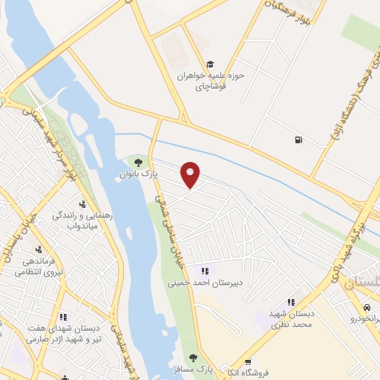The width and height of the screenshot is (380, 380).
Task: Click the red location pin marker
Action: tap(191, 174)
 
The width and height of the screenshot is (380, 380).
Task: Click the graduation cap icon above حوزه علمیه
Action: tap(210, 64)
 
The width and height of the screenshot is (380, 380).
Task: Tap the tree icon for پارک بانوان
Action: tap(137, 162)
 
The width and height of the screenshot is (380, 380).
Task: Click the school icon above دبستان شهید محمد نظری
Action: tap(291, 302)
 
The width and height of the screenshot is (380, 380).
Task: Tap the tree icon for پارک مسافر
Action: tap(194, 358)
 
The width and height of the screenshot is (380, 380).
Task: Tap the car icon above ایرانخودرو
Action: tap(367, 307)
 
